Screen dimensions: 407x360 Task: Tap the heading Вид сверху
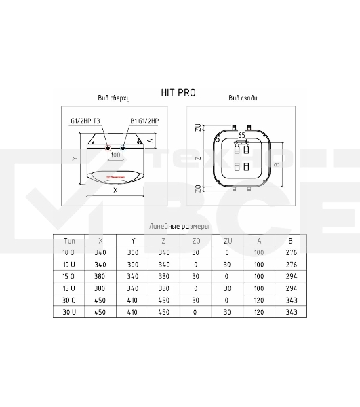tap(115, 98)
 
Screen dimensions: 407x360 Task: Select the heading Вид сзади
tap(243, 98)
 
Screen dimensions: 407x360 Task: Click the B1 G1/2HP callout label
tap(144, 122)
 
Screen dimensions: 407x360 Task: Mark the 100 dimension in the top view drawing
tap(115, 155)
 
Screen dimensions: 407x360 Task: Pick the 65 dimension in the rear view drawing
tap(241, 136)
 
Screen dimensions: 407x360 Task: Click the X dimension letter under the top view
tap(115, 191)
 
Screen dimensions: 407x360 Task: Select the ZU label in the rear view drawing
tap(198, 128)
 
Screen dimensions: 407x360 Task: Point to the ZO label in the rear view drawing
tap(198, 188)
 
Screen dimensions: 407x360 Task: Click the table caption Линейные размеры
tap(179, 227)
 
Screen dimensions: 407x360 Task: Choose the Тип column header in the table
tap(69, 240)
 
